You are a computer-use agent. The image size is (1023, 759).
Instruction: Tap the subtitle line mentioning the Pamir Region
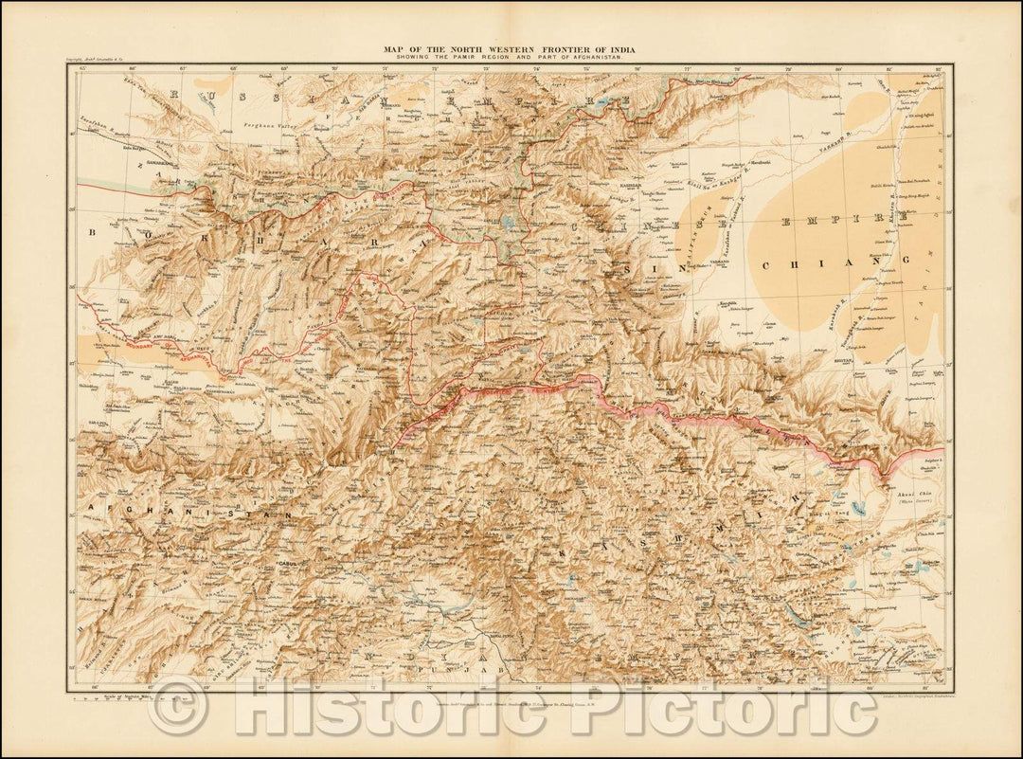point(512,59)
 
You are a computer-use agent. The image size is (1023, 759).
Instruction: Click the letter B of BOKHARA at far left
point(96,230)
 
